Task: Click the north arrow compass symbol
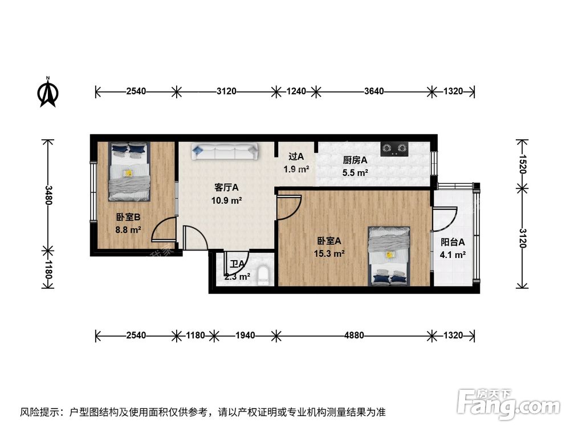point(48,92)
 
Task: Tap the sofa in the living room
point(225,151)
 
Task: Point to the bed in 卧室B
point(129,171)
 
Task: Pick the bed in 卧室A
point(389,255)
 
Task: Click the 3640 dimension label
point(374,91)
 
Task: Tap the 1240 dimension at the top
point(296,91)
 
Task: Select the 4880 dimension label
point(353,335)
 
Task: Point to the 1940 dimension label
point(246,335)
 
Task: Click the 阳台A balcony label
point(453,242)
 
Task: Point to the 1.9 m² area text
point(296,169)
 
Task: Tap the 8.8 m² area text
point(129,229)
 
